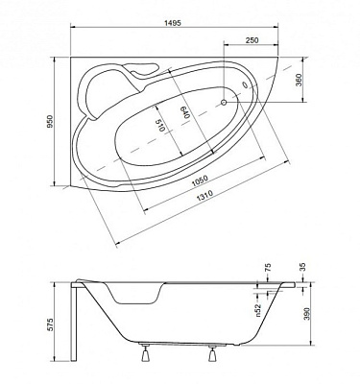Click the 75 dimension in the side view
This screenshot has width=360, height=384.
click(x=267, y=272)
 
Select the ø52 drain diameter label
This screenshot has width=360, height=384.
click(x=257, y=307)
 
